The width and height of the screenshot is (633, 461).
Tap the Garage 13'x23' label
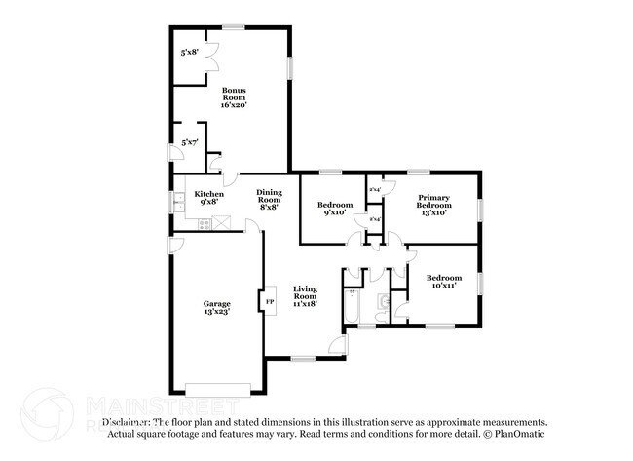coord(217,307)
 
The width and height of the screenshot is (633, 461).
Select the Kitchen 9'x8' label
coord(209,198)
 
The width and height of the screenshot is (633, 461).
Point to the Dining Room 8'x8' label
coord(270,199)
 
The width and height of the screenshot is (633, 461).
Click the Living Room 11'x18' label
coord(307,296)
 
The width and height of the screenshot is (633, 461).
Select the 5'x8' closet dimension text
coord(189,53)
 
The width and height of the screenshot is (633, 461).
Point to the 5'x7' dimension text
coord(189,143)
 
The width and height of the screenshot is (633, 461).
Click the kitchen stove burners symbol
coord(205,225)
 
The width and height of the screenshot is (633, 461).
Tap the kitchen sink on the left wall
coord(179,203)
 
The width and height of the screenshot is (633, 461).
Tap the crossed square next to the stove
coord(221,225)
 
